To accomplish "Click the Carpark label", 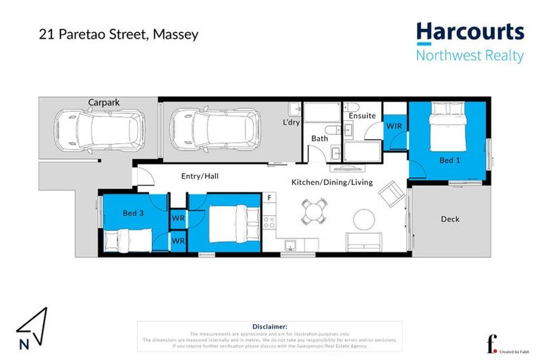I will [103, 103].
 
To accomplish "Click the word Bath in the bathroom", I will [320, 139].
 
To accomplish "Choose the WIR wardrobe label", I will [394, 126].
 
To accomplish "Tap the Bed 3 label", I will [133, 213].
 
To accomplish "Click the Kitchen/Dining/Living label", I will [332, 183].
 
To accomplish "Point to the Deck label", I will [450, 219].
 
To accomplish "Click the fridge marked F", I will [269, 198].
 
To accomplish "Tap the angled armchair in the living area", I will [391, 194].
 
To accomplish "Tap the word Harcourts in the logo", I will [470, 32].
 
